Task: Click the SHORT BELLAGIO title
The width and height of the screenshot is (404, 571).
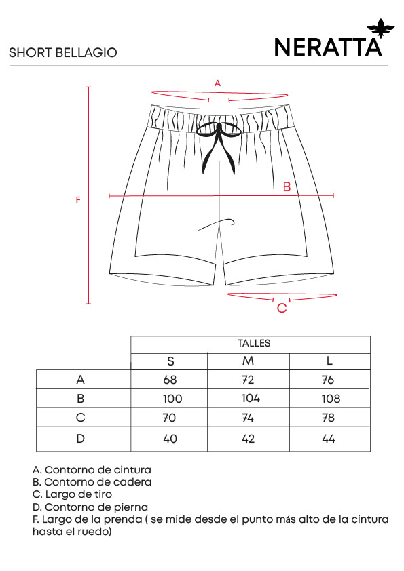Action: tap(62, 53)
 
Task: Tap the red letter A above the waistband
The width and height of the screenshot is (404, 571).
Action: tap(218, 83)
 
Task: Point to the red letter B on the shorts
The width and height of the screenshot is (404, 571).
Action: tap(287, 186)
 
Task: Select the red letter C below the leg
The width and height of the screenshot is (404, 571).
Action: tap(282, 308)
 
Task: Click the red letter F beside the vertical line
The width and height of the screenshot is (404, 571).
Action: tap(77, 200)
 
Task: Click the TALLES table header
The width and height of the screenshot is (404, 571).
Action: tap(254, 343)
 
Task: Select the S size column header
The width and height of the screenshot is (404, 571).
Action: tap(170, 361)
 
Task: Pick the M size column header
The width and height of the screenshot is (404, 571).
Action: tap(248, 361)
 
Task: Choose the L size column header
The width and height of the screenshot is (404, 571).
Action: tap(329, 361)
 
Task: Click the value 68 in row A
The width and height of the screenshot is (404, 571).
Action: tap(170, 380)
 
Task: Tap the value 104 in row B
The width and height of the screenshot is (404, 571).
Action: tap(251, 398)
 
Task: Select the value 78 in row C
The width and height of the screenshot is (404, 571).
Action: tap(328, 418)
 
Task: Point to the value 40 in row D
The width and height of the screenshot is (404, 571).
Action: tap(170, 439)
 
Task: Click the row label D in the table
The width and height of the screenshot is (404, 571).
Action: tap(80, 439)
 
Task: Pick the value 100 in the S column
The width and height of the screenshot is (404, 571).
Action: tap(172, 399)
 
